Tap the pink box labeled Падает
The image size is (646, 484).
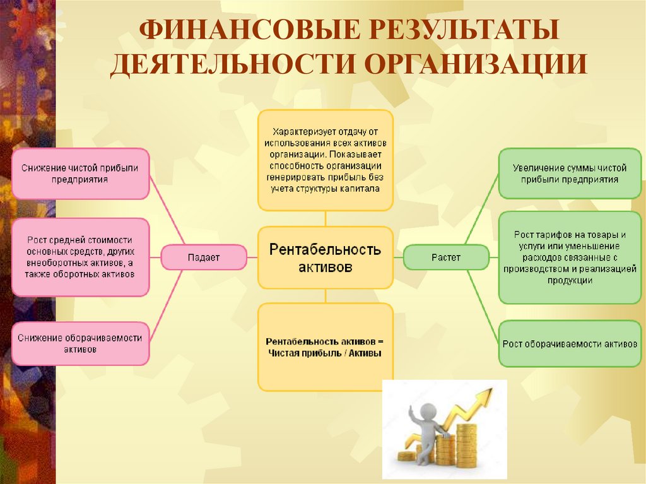tap(203, 257)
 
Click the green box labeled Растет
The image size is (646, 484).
tap(445, 257)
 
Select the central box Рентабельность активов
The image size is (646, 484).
tap(325, 257)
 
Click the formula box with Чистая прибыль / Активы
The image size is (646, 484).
tap(325, 347)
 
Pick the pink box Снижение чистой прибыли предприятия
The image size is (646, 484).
tap(80, 174)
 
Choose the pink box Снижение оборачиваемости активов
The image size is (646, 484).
tap(80, 343)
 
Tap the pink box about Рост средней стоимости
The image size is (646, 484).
tap(80, 257)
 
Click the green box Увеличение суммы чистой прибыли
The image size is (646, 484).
tap(570, 174)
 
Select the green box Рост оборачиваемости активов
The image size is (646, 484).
tap(570, 344)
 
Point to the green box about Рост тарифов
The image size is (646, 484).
tap(570, 257)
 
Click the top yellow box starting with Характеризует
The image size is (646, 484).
tap(325, 160)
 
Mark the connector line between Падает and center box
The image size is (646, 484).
tap(252, 257)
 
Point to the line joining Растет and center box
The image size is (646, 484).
tap(398, 257)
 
